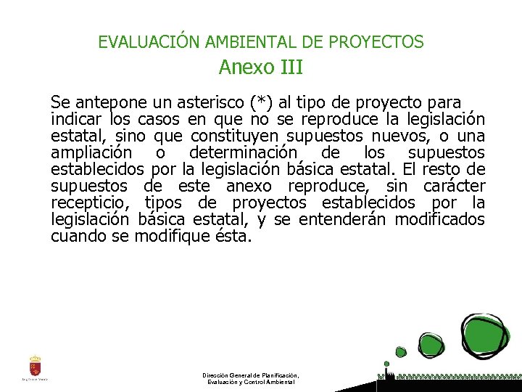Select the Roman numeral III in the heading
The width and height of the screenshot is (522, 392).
click(x=289, y=68)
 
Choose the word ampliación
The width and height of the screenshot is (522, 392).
click(x=91, y=152)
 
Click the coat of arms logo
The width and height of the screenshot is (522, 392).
click(x=35, y=365)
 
